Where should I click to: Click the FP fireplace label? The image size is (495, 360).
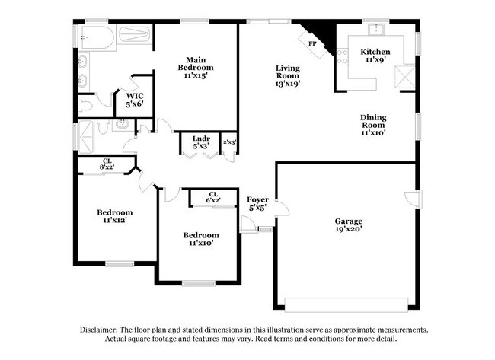(312, 43)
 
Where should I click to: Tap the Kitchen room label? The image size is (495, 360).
(375, 52)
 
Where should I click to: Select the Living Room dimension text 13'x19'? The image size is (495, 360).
(288, 84)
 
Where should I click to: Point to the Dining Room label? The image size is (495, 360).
(373, 121)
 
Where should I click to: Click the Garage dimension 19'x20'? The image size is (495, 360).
(349, 228)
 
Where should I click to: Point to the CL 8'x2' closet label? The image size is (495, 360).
(107, 162)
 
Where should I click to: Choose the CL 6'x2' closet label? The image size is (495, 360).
(213, 195)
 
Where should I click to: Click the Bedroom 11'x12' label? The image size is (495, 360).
(114, 212)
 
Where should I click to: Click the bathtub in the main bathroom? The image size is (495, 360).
(113, 36)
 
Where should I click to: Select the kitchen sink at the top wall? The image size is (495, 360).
(374, 30)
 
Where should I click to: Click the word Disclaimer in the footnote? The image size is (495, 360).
(103, 330)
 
